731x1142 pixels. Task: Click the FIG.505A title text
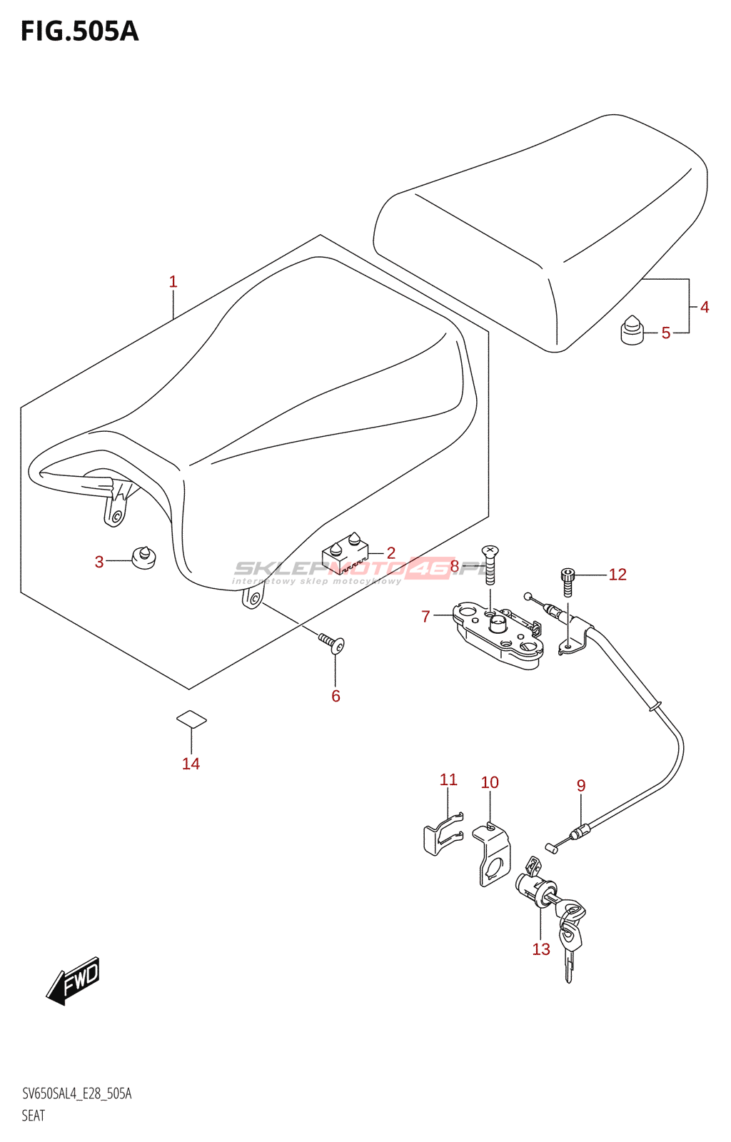tap(79, 31)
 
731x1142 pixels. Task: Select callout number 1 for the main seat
tap(173, 282)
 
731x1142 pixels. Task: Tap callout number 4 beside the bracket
tap(704, 307)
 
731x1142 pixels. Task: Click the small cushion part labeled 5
tap(631, 330)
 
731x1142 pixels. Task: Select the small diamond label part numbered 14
tap(191, 719)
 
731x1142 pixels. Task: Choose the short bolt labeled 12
tap(568, 581)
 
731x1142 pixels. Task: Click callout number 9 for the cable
tap(581, 786)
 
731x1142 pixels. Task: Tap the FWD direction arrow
tap(74, 981)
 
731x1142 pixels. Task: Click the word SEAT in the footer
tap(33, 1116)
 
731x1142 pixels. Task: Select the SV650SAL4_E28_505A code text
tap(76, 1093)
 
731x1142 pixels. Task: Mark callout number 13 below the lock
tap(541, 949)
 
